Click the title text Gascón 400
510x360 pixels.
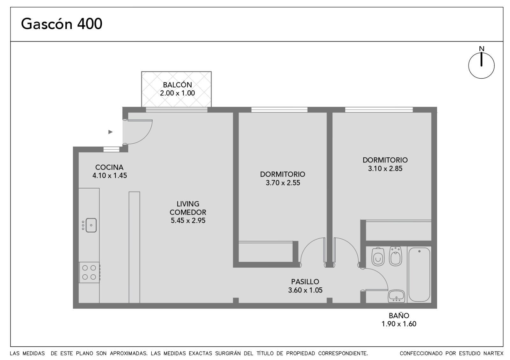(62, 24)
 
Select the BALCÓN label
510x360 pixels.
(177, 85)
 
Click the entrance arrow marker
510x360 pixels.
(110, 132)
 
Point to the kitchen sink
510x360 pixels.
(91, 225)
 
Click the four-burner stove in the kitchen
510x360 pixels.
(89, 272)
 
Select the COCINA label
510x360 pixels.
(109, 167)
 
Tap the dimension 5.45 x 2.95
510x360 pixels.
(188, 220)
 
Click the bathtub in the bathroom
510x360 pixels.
(419, 275)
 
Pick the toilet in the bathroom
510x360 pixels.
(378, 256)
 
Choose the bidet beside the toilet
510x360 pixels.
(396, 256)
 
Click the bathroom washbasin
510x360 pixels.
(397, 296)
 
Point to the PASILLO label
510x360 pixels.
(305, 282)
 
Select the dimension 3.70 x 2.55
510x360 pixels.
(283, 183)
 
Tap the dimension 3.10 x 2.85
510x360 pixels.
(385, 169)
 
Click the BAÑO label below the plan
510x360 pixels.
(399, 315)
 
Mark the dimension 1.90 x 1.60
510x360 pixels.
(399, 324)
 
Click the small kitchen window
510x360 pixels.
(111, 149)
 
